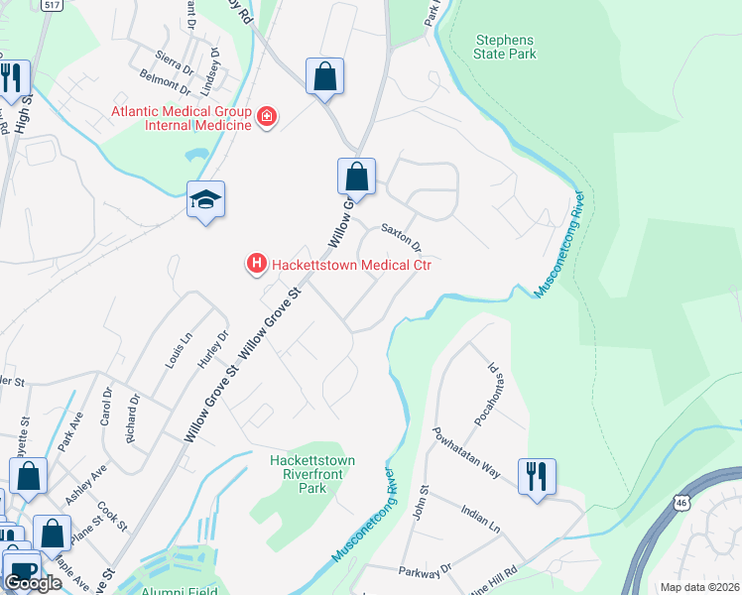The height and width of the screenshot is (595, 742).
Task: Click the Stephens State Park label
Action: (506, 47)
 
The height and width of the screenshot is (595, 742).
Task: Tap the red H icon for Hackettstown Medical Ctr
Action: (256, 264)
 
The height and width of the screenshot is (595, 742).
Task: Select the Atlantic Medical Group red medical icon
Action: (266, 119)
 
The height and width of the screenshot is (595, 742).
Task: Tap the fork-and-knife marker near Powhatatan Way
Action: (537, 476)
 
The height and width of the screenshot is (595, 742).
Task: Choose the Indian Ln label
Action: (484, 519)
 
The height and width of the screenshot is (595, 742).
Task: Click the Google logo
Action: (33, 582)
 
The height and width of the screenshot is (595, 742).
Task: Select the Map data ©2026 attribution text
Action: (698, 587)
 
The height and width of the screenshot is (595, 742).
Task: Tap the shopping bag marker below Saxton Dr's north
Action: (356, 178)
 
